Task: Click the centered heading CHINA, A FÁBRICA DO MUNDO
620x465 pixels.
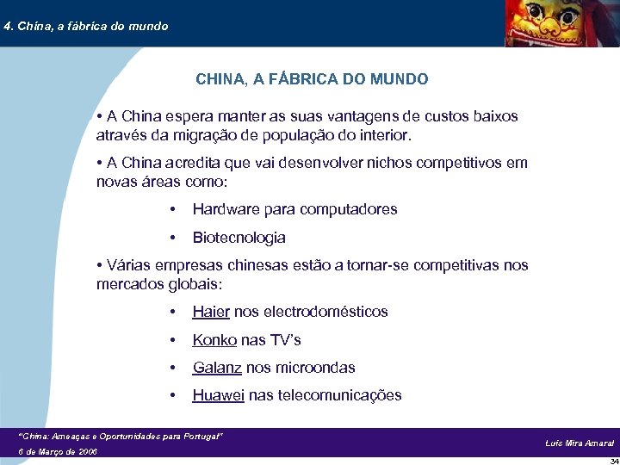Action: click(312, 79)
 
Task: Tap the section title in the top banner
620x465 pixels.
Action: click(85, 26)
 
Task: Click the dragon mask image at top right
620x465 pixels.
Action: click(559, 23)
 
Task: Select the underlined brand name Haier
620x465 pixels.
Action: click(211, 312)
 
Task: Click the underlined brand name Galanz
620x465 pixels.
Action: click(217, 368)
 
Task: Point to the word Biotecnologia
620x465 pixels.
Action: click(239, 238)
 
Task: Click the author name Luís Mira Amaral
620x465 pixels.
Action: click(580, 443)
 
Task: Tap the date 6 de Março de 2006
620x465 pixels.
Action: click(58, 451)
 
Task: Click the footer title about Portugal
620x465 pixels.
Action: click(121, 437)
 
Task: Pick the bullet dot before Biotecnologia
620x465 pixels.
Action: click(174, 238)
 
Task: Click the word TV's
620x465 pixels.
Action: click(285, 340)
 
